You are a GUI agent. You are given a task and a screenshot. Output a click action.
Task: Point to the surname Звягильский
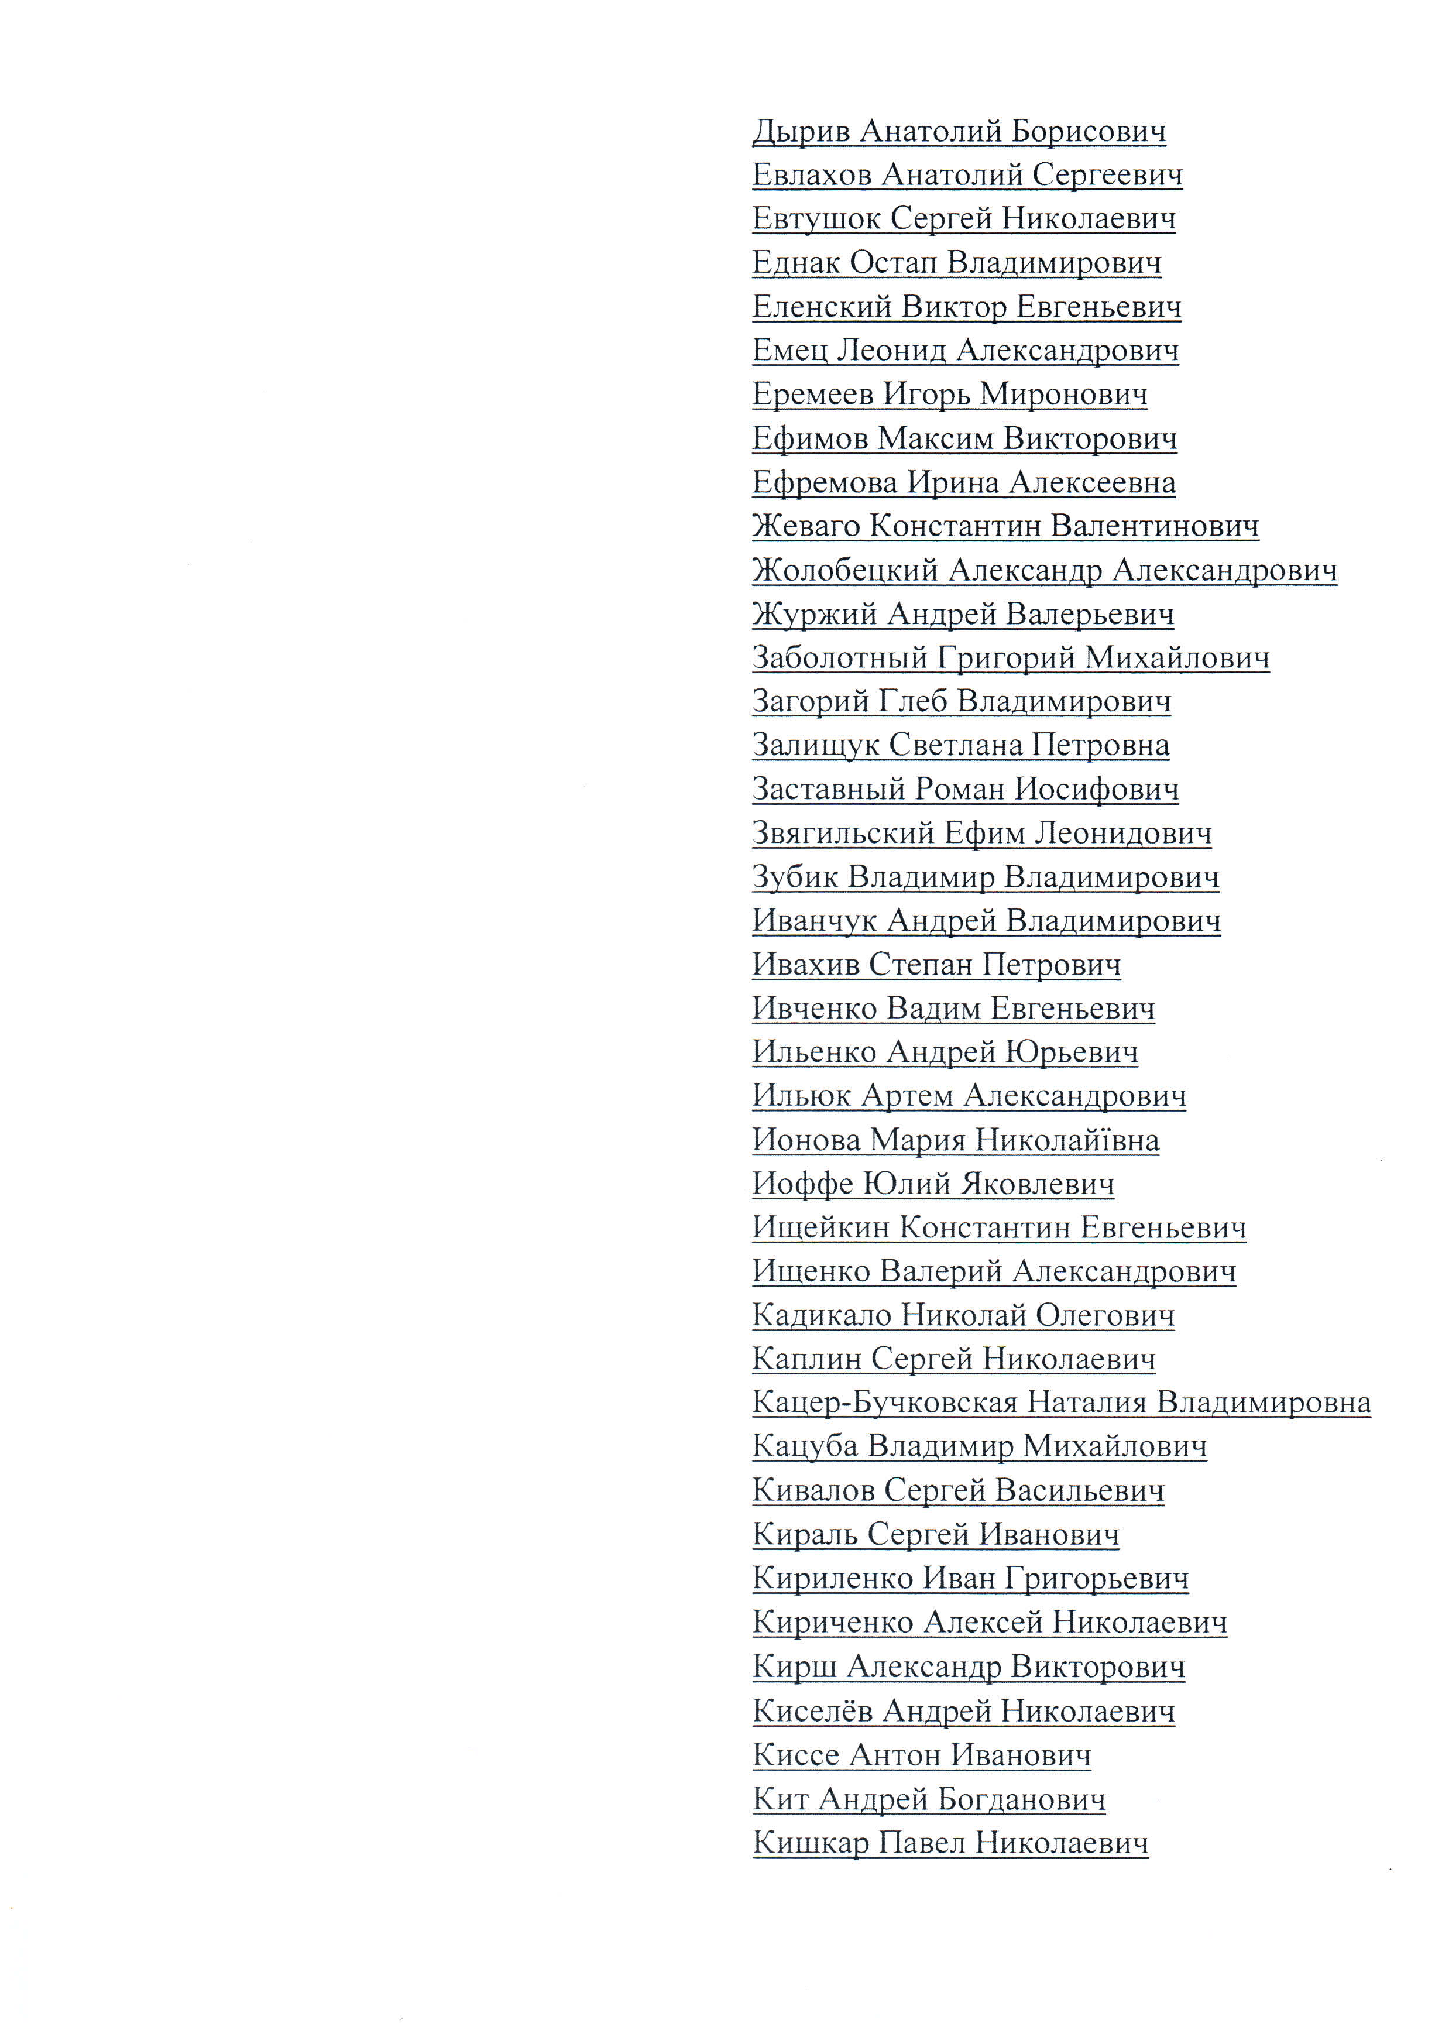tap(843, 833)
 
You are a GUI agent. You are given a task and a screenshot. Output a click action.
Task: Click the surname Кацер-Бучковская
tap(884, 1403)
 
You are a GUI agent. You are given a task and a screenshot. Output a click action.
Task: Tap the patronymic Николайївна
tap(1066, 1140)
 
